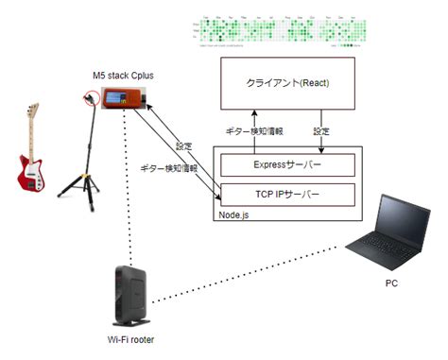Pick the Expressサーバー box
click(286, 164)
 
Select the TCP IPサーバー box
click(286, 196)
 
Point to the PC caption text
click(390, 283)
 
